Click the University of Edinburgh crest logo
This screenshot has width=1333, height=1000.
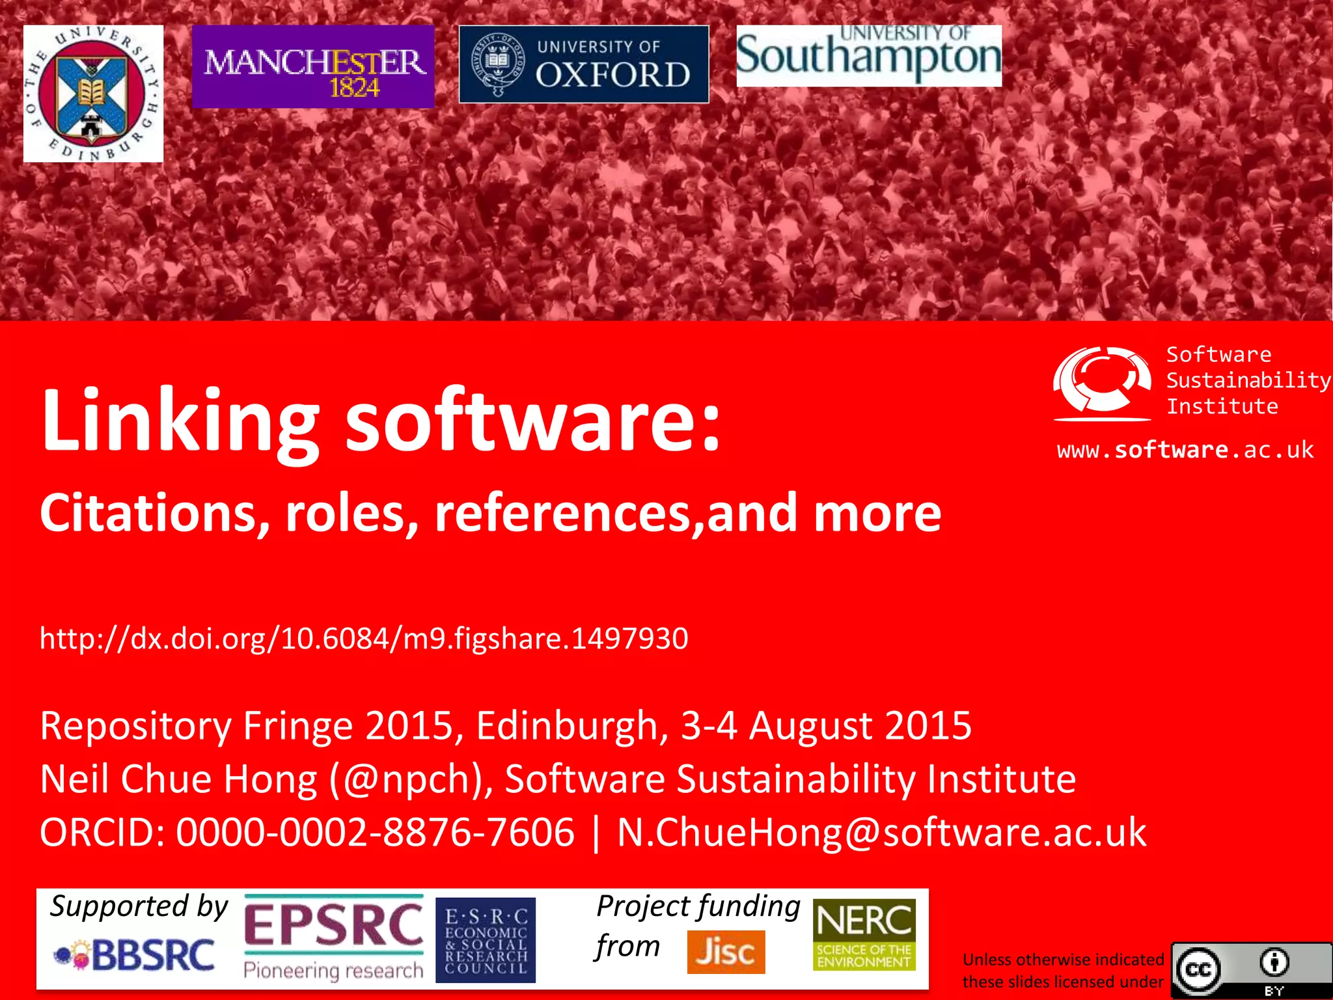[x=93, y=94]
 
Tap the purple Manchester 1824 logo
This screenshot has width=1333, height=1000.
[x=313, y=67]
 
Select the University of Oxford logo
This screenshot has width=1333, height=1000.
[x=584, y=64]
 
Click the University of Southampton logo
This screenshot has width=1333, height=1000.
[x=869, y=56]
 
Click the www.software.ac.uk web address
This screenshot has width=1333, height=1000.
[x=1185, y=450]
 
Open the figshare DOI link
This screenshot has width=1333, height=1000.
[x=364, y=638]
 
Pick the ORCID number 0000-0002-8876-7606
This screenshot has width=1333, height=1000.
[x=376, y=832]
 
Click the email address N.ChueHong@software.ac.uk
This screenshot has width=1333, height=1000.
[x=881, y=832]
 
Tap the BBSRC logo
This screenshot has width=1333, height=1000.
[x=135, y=956]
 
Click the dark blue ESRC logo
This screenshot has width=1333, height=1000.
[x=486, y=939]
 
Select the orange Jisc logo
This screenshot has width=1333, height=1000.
[x=726, y=952]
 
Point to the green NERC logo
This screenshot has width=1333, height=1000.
[x=864, y=935]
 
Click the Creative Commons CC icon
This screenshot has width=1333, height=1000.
[x=1198, y=970]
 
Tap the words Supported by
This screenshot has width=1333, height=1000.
[x=139, y=907]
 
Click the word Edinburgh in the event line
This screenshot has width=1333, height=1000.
[x=567, y=726]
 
